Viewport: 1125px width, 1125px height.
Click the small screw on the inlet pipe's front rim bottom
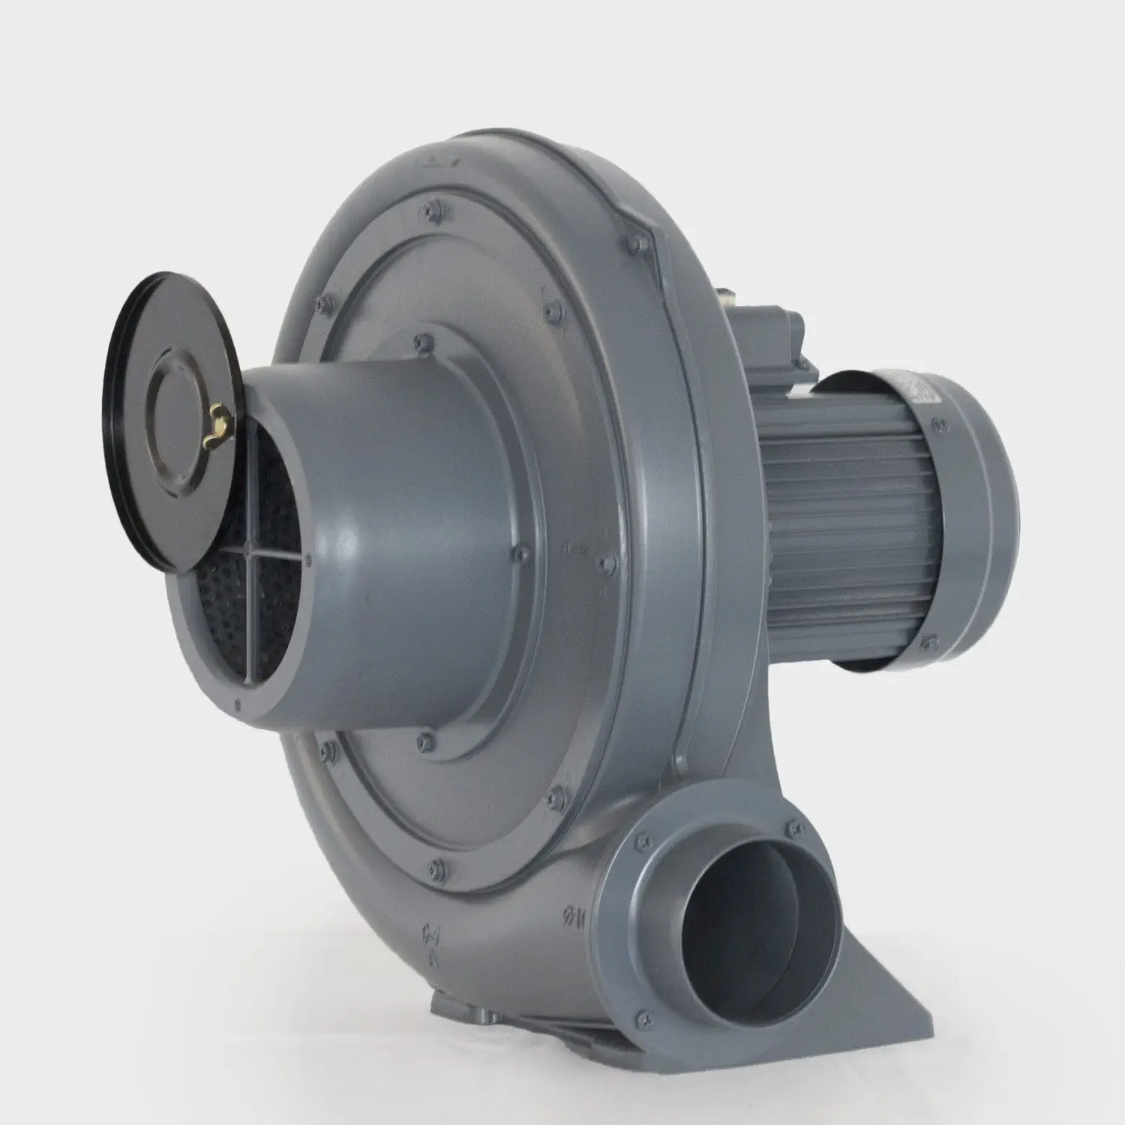pyautogui.click(x=238, y=703)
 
